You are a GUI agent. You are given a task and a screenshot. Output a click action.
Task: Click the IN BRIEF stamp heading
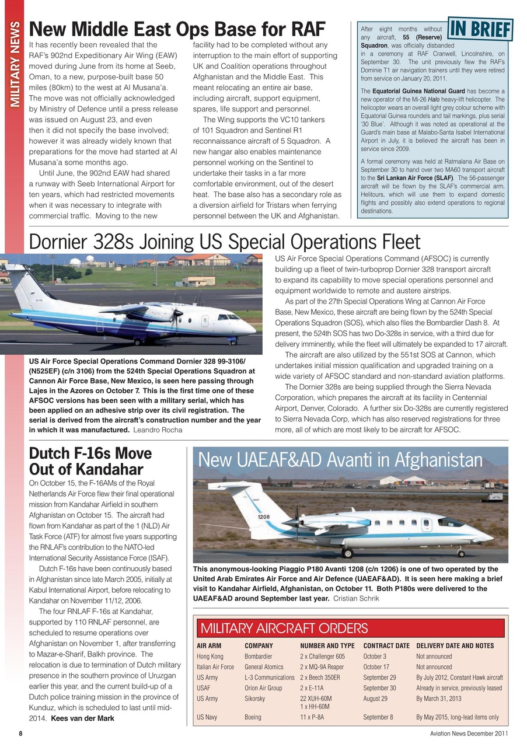(478, 28)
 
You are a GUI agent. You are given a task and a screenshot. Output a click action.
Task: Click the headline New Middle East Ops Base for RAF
(177, 29)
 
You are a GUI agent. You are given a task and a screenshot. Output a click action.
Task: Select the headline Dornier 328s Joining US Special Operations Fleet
(225, 241)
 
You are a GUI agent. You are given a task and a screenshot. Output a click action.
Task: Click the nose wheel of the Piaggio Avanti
(460, 553)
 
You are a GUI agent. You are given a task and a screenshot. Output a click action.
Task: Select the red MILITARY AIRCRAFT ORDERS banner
(350, 628)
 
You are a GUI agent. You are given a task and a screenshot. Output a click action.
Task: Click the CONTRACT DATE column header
(386, 646)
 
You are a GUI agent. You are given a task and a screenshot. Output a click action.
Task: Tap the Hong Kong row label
(210, 657)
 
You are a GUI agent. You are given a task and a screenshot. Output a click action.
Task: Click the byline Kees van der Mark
(82, 718)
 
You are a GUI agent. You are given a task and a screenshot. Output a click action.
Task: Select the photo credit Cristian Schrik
(356, 598)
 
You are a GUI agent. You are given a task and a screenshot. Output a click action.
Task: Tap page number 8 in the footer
(20, 734)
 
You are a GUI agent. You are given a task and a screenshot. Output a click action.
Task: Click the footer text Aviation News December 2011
(465, 734)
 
